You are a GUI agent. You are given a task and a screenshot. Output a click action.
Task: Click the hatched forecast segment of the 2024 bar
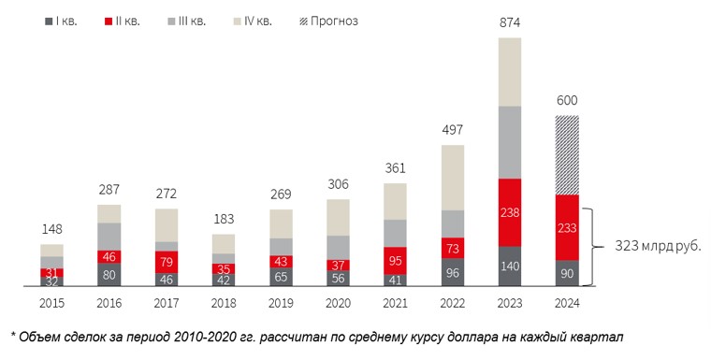(567, 155)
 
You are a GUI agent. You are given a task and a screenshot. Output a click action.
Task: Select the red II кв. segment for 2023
(510, 212)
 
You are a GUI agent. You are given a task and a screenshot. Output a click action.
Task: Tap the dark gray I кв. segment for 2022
(453, 272)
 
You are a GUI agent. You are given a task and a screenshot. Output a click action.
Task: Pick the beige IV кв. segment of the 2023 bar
(510, 72)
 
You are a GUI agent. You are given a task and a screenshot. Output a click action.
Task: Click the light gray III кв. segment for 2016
(109, 237)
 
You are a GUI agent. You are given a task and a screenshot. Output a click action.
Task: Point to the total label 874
(510, 22)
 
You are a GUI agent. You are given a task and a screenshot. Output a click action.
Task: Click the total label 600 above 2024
(567, 100)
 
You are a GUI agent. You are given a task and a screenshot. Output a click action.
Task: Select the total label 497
(453, 130)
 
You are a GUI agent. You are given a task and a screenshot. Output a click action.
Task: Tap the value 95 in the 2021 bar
(395, 261)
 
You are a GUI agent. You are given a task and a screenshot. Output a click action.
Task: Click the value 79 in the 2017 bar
(167, 262)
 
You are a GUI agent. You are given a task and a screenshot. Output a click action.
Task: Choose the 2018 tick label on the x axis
(224, 303)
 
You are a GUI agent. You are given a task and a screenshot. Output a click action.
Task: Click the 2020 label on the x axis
(338, 303)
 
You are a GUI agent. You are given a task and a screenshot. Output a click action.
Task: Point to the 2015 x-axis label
(51, 303)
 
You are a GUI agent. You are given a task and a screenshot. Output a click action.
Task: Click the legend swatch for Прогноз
(303, 22)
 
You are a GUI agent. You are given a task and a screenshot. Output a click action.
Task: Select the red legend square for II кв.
(108, 22)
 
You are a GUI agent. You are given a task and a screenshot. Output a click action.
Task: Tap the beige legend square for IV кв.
(237, 22)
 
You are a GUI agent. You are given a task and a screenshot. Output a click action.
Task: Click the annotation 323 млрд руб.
(658, 247)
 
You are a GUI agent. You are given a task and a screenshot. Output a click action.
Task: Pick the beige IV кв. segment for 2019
(281, 224)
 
